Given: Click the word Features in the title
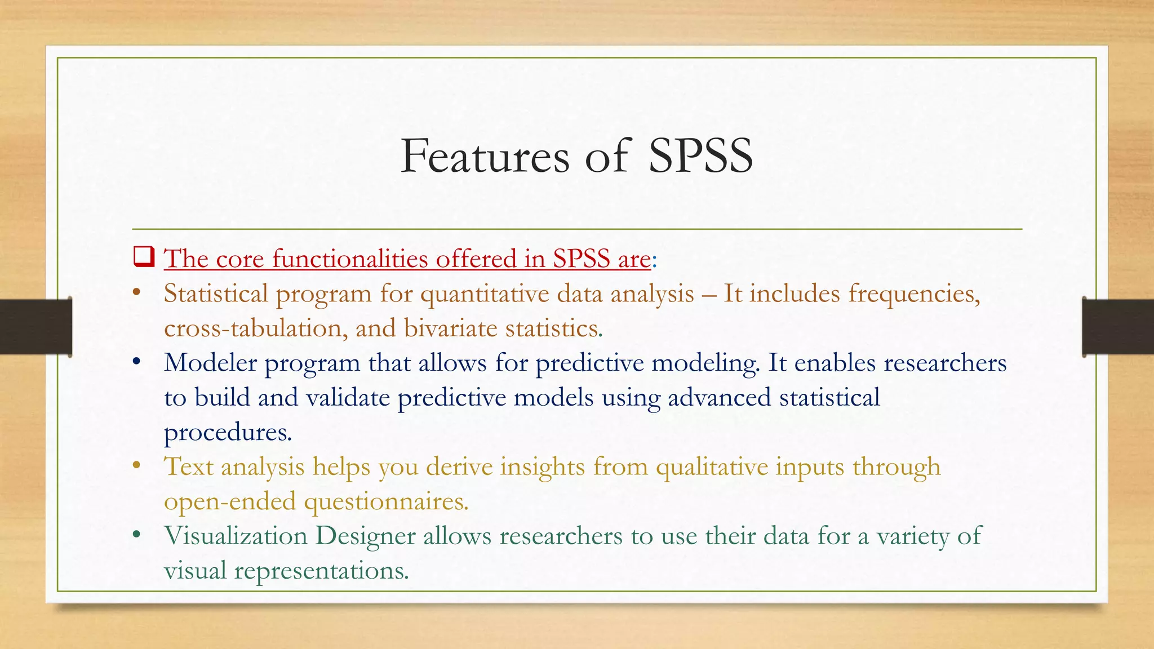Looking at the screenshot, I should click(485, 156).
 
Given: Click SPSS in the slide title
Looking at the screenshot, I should click(700, 156).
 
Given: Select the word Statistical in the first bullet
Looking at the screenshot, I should click(216, 294).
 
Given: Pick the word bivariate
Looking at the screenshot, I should click(450, 328).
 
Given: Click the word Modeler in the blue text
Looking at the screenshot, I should click(210, 363).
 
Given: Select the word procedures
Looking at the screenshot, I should click(228, 433).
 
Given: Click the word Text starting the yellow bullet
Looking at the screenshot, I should click(188, 467).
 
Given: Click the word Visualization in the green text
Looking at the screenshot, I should click(236, 536).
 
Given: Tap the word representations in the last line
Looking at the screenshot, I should click(321, 571).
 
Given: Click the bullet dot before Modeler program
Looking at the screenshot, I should click(136, 362).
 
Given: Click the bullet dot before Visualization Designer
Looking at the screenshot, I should click(136, 535).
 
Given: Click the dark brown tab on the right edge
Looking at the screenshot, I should click(1118, 327).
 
